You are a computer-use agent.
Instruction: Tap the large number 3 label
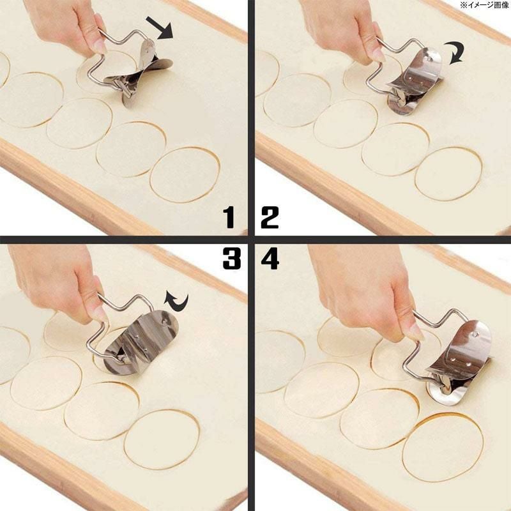[x=231, y=259]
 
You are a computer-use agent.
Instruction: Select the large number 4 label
[x=269, y=259]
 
